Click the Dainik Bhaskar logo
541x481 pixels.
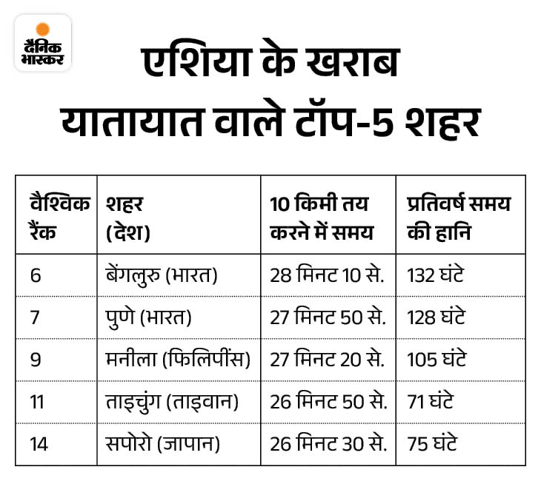click(x=43, y=43)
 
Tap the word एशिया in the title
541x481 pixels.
click(x=195, y=65)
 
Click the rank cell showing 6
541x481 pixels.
click(x=36, y=275)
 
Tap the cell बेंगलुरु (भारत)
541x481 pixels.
click(x=161, y=275)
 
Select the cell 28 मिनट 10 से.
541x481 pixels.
click(x=327, y=275)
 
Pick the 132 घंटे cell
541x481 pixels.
click(x=436, y=275)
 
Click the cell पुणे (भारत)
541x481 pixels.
click(x=149, y=317)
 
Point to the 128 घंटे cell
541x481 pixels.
click(x=436, y=317)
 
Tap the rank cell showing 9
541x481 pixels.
click(x=36, y=360)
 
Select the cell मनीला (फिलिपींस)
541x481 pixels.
click(x=178, y=360)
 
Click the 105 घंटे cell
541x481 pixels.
click(x=437, y=360)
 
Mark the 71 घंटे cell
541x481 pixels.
click(x=430, y=402)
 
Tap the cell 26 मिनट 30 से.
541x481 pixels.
click(x=327, y=444)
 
